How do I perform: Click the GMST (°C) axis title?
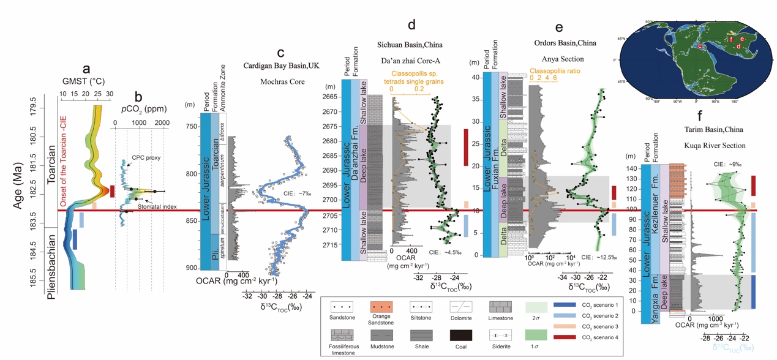85,80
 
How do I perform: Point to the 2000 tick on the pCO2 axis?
162,123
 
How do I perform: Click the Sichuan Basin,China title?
410,45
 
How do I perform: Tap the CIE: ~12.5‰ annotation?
602,258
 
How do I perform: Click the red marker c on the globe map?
699,45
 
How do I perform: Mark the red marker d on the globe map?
738,46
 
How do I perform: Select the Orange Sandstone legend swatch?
381,306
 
